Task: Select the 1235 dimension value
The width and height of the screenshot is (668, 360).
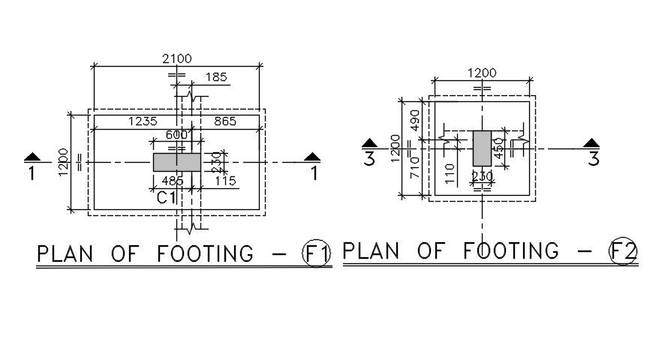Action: pyautogui.click(x=143, y=121)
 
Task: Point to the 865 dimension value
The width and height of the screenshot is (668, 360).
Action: pyautogui.click(x=228, y=121)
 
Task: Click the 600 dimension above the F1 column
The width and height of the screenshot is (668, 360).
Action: pyautogui.click(x=177, y=136)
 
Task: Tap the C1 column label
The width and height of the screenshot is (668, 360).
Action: pyautogui.click(x=167, y=199)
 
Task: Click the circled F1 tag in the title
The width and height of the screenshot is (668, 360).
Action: pyautogui.click(x=316, y=253)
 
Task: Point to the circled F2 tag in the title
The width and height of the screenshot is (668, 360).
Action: pyautogui.click(x=622, y=251)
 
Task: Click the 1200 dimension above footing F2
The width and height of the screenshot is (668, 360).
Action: pyautogui.click(x=483, y=73)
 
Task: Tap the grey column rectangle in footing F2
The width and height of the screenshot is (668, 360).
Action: pyautogui.click(x=482, y=148)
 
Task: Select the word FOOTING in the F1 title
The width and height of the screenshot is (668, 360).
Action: pyautogui.click(x=206, y=253)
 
